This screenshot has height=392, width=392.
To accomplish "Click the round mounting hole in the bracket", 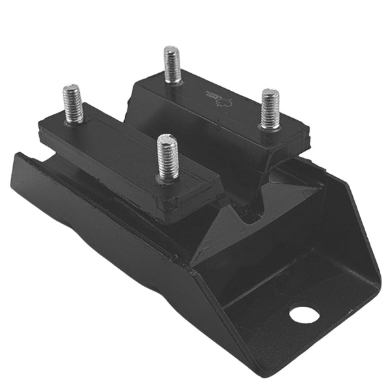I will (x=304, y=314).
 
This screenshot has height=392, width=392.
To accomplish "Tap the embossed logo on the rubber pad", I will (x=220, y=98).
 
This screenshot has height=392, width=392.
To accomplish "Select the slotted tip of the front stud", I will (x=167, y=139).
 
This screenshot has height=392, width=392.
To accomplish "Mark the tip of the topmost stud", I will (x=172, y=50).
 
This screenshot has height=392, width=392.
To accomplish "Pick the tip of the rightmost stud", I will (x=270, y=93).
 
